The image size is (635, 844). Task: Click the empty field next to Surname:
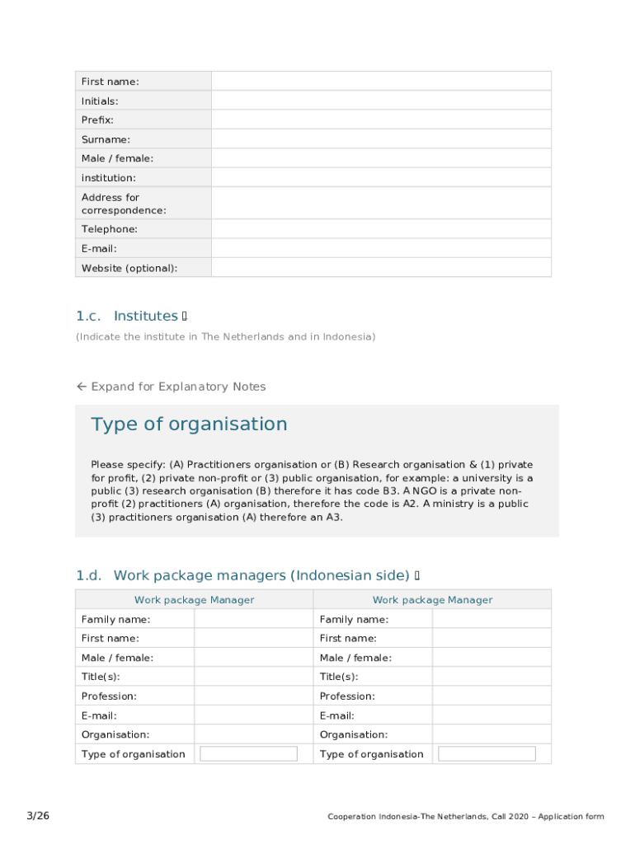[381, 139]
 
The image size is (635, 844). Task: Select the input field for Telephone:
[381, 229]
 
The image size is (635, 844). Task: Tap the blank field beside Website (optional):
[381, 268]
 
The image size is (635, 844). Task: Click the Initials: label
[100, 101]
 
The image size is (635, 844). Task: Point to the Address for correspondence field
[381, 204]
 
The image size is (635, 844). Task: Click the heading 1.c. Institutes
[132, 316]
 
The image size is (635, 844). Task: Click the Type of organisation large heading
[189, 424]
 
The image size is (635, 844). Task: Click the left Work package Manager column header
[194, 600]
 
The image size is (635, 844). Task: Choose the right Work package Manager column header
[432, 600]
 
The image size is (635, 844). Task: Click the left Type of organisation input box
[248, 754]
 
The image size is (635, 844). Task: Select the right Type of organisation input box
[487, 754]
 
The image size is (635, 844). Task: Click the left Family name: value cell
[253, 619]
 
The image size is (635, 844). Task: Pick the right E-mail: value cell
[492, 715]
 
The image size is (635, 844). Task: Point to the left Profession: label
[109, 696]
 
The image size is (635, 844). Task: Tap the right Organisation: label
[354, 734]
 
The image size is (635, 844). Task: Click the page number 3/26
[38, 816]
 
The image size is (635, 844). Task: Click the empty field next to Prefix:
[381, 120]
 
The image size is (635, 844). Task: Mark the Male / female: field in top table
[381, 158]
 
